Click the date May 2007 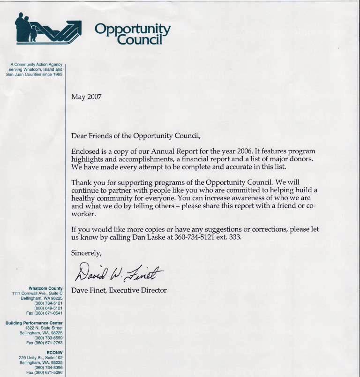tap(86, 97)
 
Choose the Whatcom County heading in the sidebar tap(45, 288)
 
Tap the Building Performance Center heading tap(34, 323)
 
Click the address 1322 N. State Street tap(45, 328)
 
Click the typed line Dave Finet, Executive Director tap(119, 290)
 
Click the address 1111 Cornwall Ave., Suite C tap(37, 293)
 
